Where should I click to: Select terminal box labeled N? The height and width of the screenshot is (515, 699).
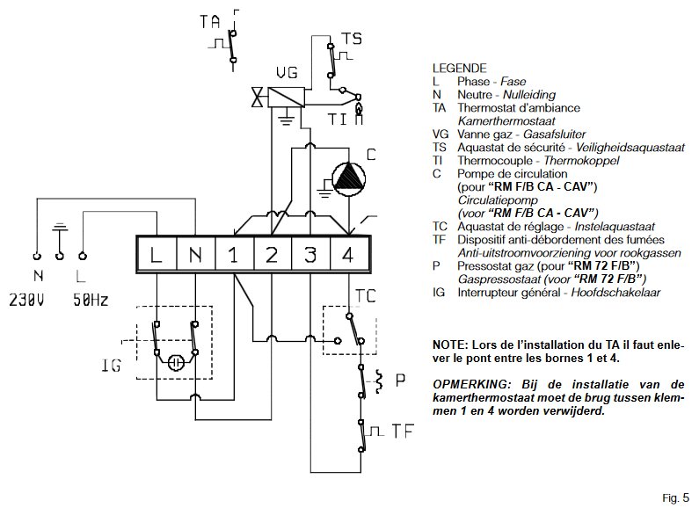[195, 256]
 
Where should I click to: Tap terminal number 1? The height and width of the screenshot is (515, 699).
[233, 256]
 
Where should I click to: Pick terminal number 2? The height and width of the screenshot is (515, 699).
[272, 256]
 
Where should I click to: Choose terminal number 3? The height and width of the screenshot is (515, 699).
[310, 256]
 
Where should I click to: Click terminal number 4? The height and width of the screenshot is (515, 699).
[350, 256]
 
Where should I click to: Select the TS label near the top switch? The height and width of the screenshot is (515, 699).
[351, 39]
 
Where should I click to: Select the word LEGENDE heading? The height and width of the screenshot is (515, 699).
[459, 68]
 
